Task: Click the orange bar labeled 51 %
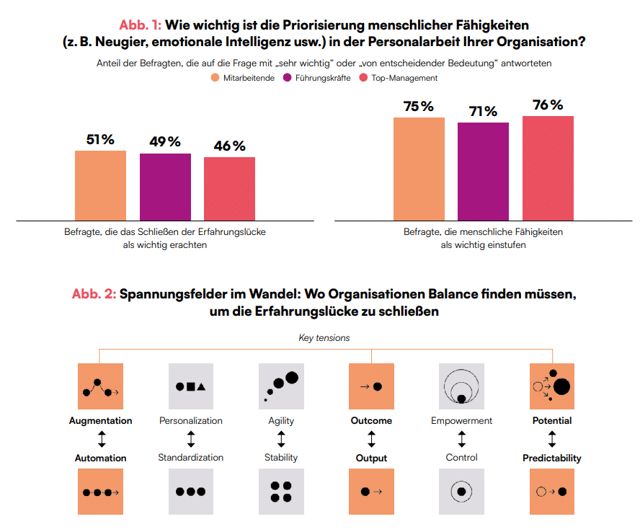(100, 185)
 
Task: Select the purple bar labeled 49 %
(165, 187)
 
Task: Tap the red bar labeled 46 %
(229, 188)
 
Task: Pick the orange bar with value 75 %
(419, 169)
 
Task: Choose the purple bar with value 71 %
(483, 172)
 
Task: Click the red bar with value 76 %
(548, 168)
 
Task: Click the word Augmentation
(100, 420)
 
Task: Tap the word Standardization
(190, 457)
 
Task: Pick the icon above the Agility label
(281, 386)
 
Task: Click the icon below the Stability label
(281, 492)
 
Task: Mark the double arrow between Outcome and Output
(371, 439)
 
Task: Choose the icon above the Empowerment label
(461, 386)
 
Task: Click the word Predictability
(552, 458)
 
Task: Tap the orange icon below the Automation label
(100, 492)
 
